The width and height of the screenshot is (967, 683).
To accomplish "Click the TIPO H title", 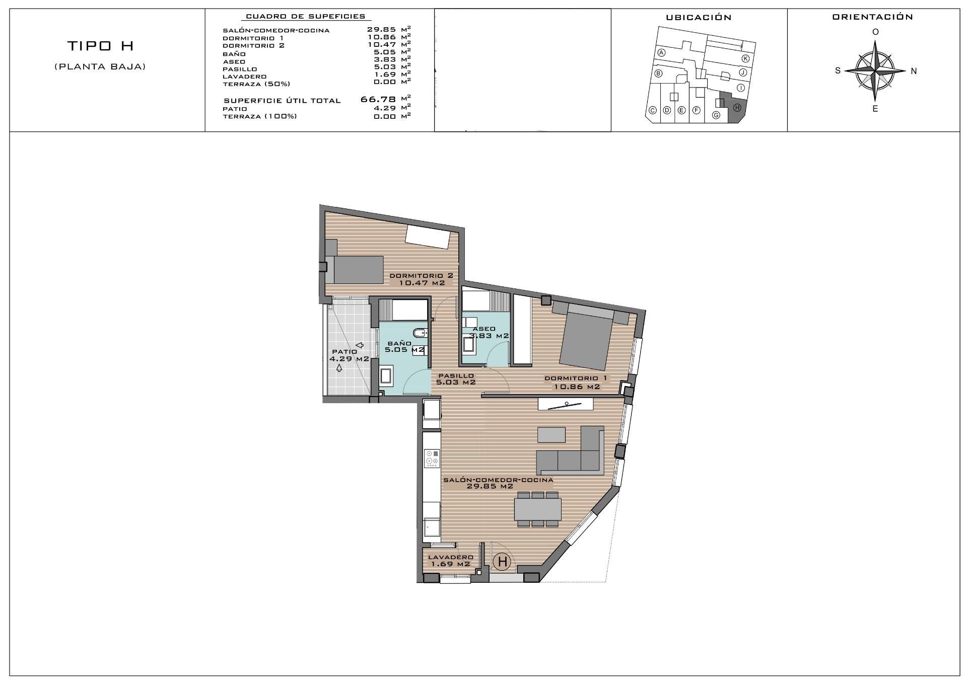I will click(x=100, y=46).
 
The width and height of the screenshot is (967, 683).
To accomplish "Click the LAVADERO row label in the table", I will click(x=244, y=77).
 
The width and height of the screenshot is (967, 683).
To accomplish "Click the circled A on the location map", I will click(x=662, y=53).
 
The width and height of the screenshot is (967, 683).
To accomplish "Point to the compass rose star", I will click(x=875, y=70).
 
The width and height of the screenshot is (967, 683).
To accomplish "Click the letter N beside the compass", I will click(x=914, y=71).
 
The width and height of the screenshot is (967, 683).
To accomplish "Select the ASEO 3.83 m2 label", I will click(x=488, y=332).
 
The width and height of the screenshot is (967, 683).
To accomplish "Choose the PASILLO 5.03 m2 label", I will click(x=455, y=379).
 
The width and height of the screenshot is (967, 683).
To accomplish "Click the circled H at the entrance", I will click(x=502, y=561).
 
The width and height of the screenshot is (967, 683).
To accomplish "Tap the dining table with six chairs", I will click(x=537, y=509).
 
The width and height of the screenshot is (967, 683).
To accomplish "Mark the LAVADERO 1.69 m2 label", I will click(x=450, y=561).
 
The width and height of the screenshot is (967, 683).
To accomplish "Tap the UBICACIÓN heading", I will click(x=698, y=18).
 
